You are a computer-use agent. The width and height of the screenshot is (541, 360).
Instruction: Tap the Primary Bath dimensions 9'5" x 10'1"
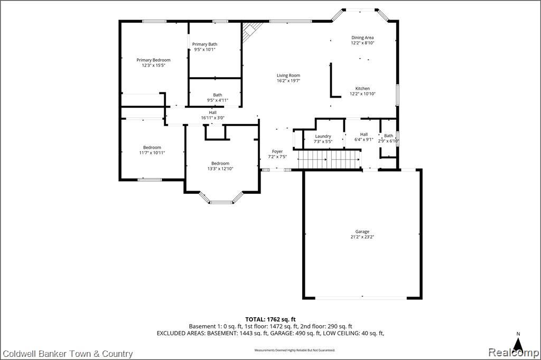(204, 49)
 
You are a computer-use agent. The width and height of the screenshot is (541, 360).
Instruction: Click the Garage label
(362, 232)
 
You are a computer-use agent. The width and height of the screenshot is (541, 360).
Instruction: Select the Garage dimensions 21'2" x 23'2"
(362, 237)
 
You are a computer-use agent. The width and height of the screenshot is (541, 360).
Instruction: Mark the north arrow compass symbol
(518, 343)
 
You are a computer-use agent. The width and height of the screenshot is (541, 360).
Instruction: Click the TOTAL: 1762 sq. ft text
(270, 319)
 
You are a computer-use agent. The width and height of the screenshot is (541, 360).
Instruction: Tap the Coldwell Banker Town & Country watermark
(68, 354)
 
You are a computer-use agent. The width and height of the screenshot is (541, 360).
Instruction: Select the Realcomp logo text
(514, 353)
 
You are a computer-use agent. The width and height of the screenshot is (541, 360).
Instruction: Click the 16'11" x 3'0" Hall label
(213, 115)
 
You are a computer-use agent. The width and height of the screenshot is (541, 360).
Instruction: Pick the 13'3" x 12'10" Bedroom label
(220, 166)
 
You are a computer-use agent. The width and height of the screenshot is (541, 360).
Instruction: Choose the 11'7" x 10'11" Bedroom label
(152, 150)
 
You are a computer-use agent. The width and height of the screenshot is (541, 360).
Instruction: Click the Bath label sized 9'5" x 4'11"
(217, 98)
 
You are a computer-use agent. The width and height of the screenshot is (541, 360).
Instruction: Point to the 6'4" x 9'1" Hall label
(364, 137)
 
